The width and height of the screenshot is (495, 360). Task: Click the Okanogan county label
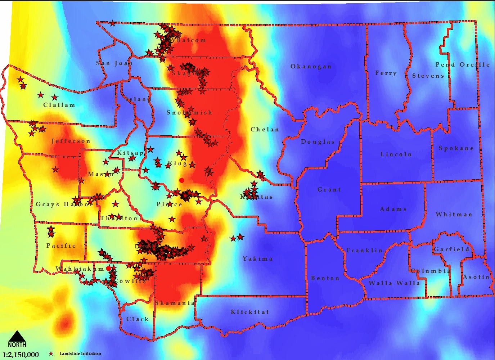311,67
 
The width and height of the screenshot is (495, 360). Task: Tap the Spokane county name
456,148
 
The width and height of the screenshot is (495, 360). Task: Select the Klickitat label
250,312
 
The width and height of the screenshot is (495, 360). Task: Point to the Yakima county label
257,259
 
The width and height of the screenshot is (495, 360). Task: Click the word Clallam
59,105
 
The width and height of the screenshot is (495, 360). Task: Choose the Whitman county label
454,215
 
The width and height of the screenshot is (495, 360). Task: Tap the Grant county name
329,190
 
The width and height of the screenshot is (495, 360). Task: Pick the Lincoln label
396,154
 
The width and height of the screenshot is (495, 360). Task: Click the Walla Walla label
394,283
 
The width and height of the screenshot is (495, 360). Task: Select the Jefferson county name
71,141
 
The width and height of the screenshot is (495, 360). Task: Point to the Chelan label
265,130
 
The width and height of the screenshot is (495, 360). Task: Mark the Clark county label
138,319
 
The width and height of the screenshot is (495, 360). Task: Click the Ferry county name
386,73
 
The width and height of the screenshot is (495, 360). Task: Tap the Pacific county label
61,246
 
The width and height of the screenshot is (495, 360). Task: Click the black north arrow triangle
17,337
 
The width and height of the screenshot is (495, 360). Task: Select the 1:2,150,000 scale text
21,355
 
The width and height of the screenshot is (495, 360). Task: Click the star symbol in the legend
51,354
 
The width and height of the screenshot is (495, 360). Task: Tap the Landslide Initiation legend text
80,354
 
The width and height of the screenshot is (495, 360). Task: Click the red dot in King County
182,180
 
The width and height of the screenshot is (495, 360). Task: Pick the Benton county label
325,278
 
